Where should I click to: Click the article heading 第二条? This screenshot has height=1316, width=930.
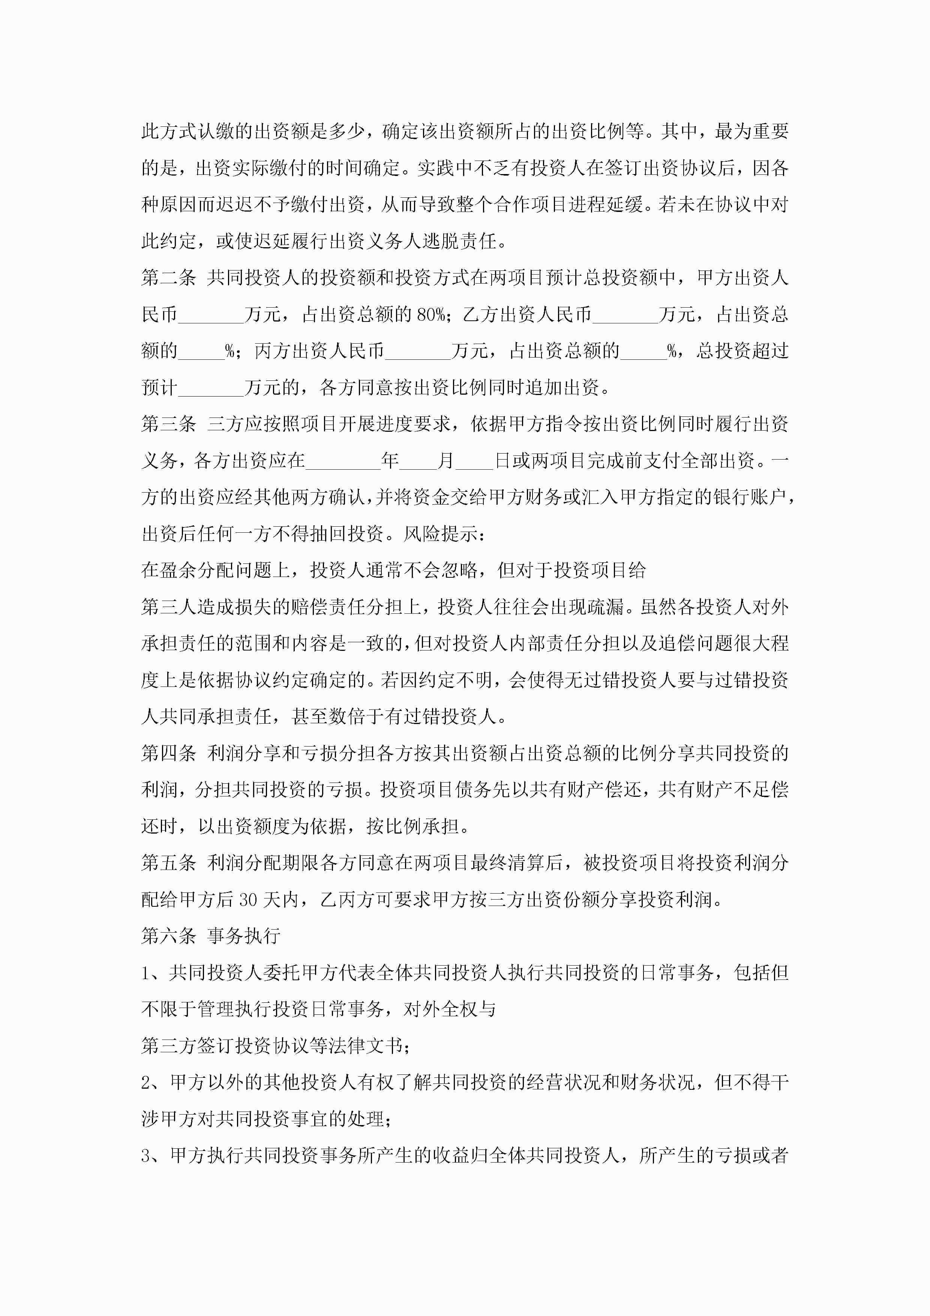168,278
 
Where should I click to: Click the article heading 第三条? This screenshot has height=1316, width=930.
168,424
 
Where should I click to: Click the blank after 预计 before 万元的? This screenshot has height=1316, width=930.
211,388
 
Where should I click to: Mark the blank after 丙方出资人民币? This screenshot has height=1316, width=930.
418,352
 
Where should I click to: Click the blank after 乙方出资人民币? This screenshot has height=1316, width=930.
625,315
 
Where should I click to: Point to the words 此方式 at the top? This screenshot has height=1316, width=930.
168,132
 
